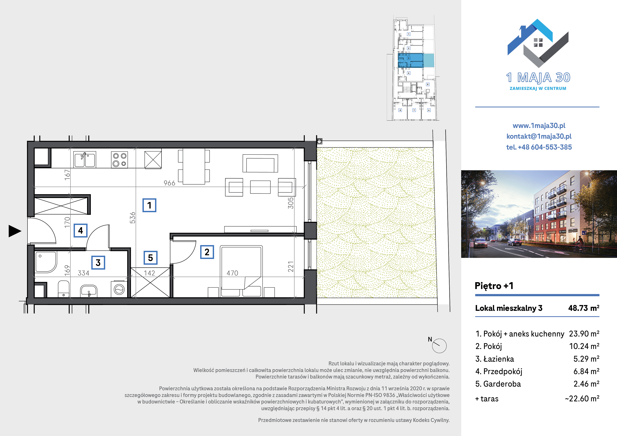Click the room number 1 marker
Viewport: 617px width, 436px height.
[149, 205]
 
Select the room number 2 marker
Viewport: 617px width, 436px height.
[207, 252]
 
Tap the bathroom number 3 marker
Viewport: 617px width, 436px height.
[98, 262]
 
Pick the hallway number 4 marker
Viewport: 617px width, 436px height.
[81, 230]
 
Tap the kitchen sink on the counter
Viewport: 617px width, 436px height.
[85, 160]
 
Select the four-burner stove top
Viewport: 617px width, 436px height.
[120, 160]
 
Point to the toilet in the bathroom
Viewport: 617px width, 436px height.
[63, 289]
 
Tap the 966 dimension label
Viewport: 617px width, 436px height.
[169, 183]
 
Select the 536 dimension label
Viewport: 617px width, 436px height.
[132, 218]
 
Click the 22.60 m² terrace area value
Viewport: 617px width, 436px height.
[582, 398]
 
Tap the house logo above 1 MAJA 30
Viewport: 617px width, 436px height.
[538, 43]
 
